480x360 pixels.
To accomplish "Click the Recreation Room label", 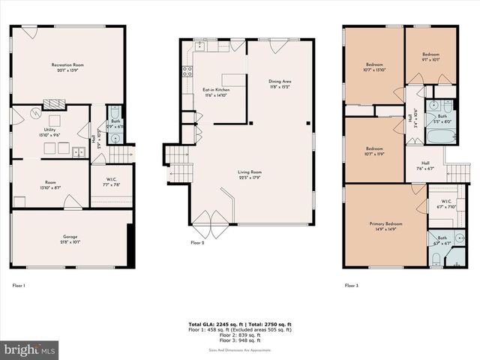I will (x=67, y=65).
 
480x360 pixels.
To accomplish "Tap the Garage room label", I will (x=69, y=237).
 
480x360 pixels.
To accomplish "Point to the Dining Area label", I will (x=280, y=81).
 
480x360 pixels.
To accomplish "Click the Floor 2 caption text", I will (x=198, y=243).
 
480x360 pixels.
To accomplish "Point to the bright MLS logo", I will (x=29, y=349).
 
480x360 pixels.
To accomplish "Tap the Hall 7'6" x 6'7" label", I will (x=425, y=166).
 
